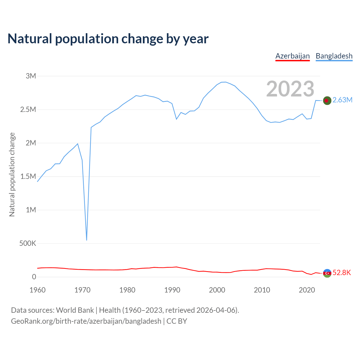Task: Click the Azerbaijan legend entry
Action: (292, 56)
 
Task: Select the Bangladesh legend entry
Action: (334, 56)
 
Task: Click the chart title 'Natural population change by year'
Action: (108, 39)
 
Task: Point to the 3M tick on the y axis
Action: (31, 76)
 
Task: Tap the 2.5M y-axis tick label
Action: (28, 109)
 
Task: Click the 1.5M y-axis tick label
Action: (28, 176)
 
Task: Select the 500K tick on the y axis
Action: (28, 243)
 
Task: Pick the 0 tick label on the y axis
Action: (34, 277)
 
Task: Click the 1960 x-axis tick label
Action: (37, 290)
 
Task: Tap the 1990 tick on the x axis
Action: (172, 290)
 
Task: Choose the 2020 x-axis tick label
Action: (307, 290)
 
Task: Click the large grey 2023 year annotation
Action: (290, 89)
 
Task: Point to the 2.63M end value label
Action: (342, 100)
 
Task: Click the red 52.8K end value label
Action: (342, 273)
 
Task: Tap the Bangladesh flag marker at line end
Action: (327, 100)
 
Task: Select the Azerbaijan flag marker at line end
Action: (327, 273)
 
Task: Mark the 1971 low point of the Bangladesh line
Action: (87, 240)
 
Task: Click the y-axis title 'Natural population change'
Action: (12, 175)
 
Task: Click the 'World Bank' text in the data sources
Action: (75, 310)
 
